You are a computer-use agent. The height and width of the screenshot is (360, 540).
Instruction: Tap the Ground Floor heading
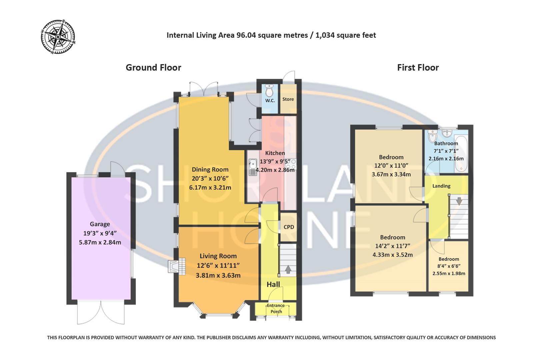coord(153,68)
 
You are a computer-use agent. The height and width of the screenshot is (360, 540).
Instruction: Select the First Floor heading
coord(418,68)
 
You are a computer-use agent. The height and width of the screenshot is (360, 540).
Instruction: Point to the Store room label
coord(288,99)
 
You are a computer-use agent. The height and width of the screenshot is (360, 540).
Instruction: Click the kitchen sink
coord(253,167)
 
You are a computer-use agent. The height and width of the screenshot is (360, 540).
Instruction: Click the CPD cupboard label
coord(289,227)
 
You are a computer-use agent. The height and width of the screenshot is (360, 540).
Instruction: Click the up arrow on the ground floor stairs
coord(288,269)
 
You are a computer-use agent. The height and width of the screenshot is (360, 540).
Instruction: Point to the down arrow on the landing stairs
coord(459,201)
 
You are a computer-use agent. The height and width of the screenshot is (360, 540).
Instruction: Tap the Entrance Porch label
coord(276,308)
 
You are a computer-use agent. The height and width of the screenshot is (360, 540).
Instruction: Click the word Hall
coord(273,284)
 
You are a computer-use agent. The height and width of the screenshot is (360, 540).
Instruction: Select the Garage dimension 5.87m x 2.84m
coord(100,242)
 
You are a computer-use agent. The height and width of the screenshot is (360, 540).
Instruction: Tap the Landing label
coord(441,186)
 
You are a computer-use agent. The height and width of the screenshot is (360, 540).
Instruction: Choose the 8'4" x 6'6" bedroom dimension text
coord(449,266)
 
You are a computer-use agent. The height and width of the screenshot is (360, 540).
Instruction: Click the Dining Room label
coord(210,170)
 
